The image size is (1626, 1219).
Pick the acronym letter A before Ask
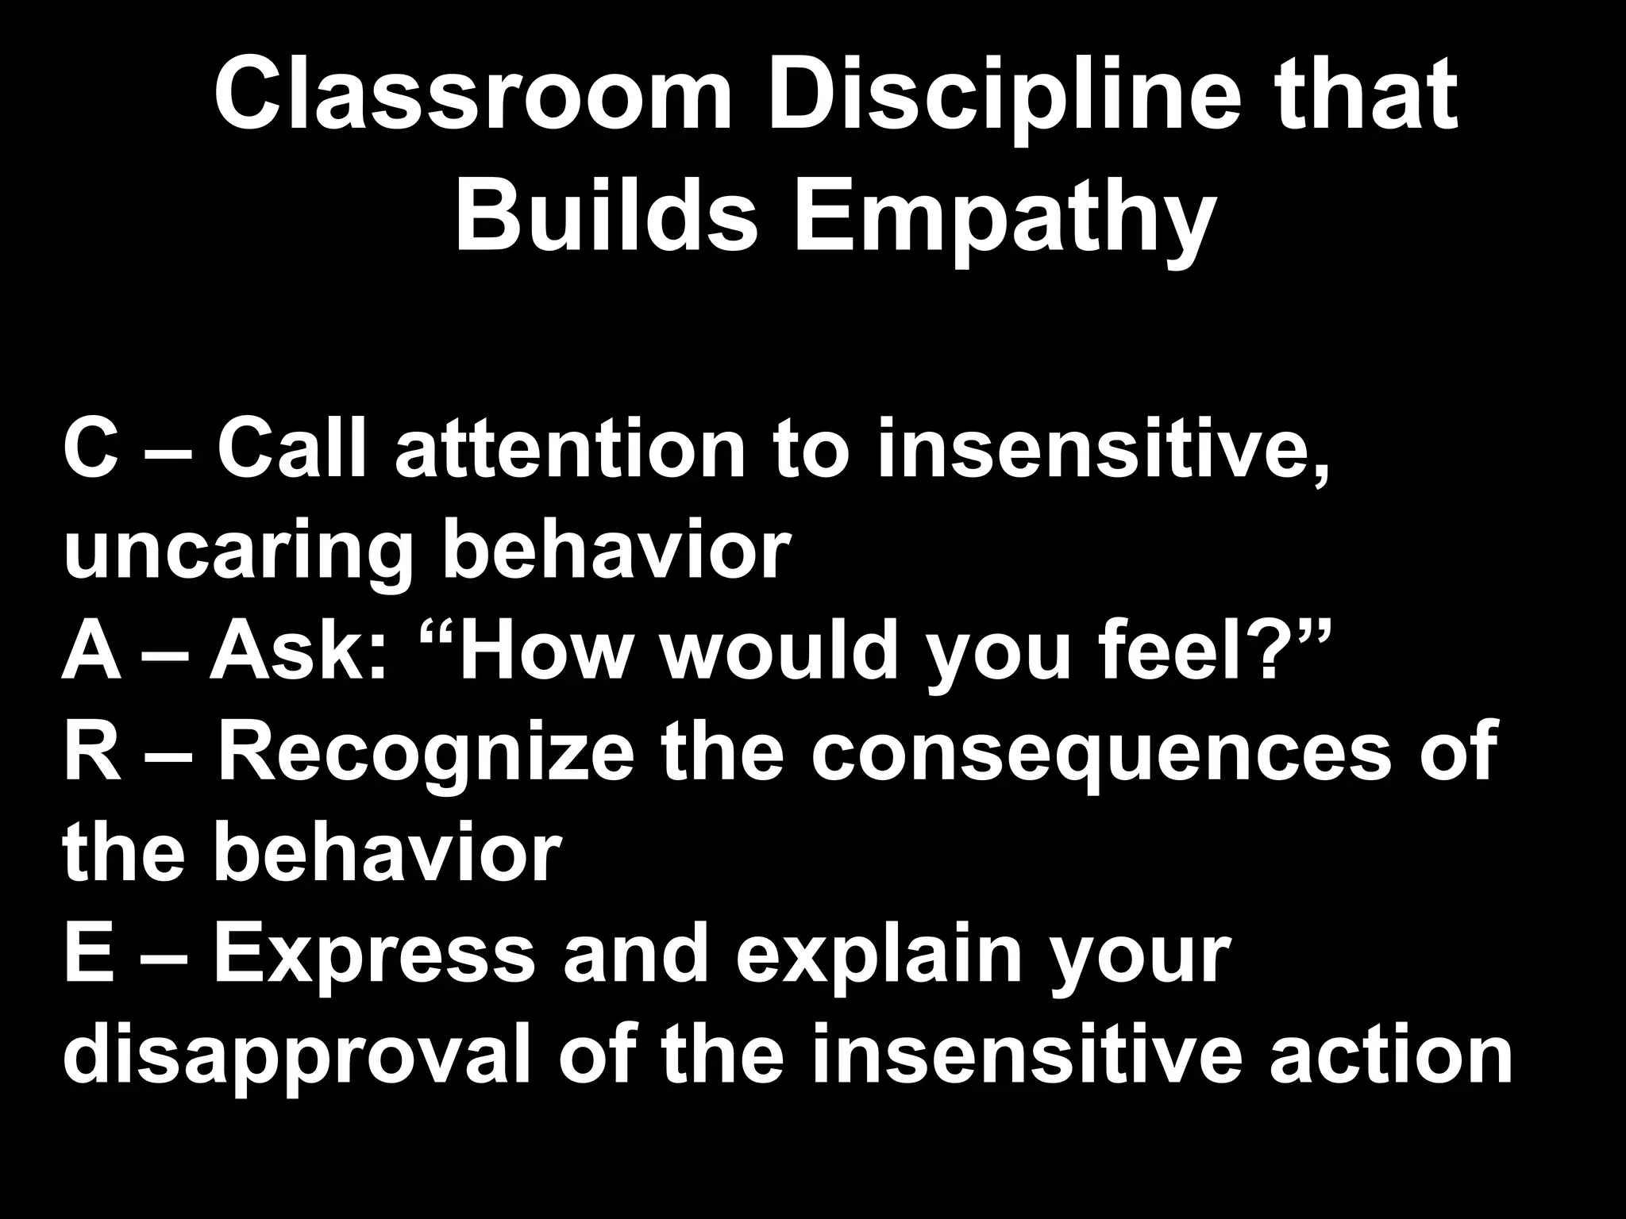pyautogui.click(x=92, y=652)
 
